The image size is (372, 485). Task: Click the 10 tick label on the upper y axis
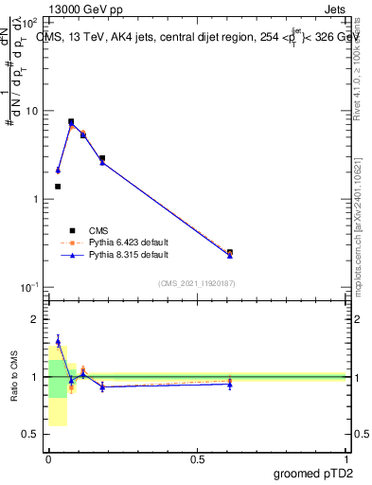[x=32, y=111]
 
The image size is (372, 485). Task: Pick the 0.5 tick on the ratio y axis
[x=30, y=435]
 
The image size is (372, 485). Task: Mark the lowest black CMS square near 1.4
[x=58, y=187]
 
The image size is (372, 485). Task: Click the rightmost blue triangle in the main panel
[x=230, y=256]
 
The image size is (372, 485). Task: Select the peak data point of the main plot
[x=71, y=122]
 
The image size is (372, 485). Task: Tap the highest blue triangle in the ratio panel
[x=58, y=342]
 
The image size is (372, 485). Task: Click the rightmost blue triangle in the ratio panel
[x=230, y=384]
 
